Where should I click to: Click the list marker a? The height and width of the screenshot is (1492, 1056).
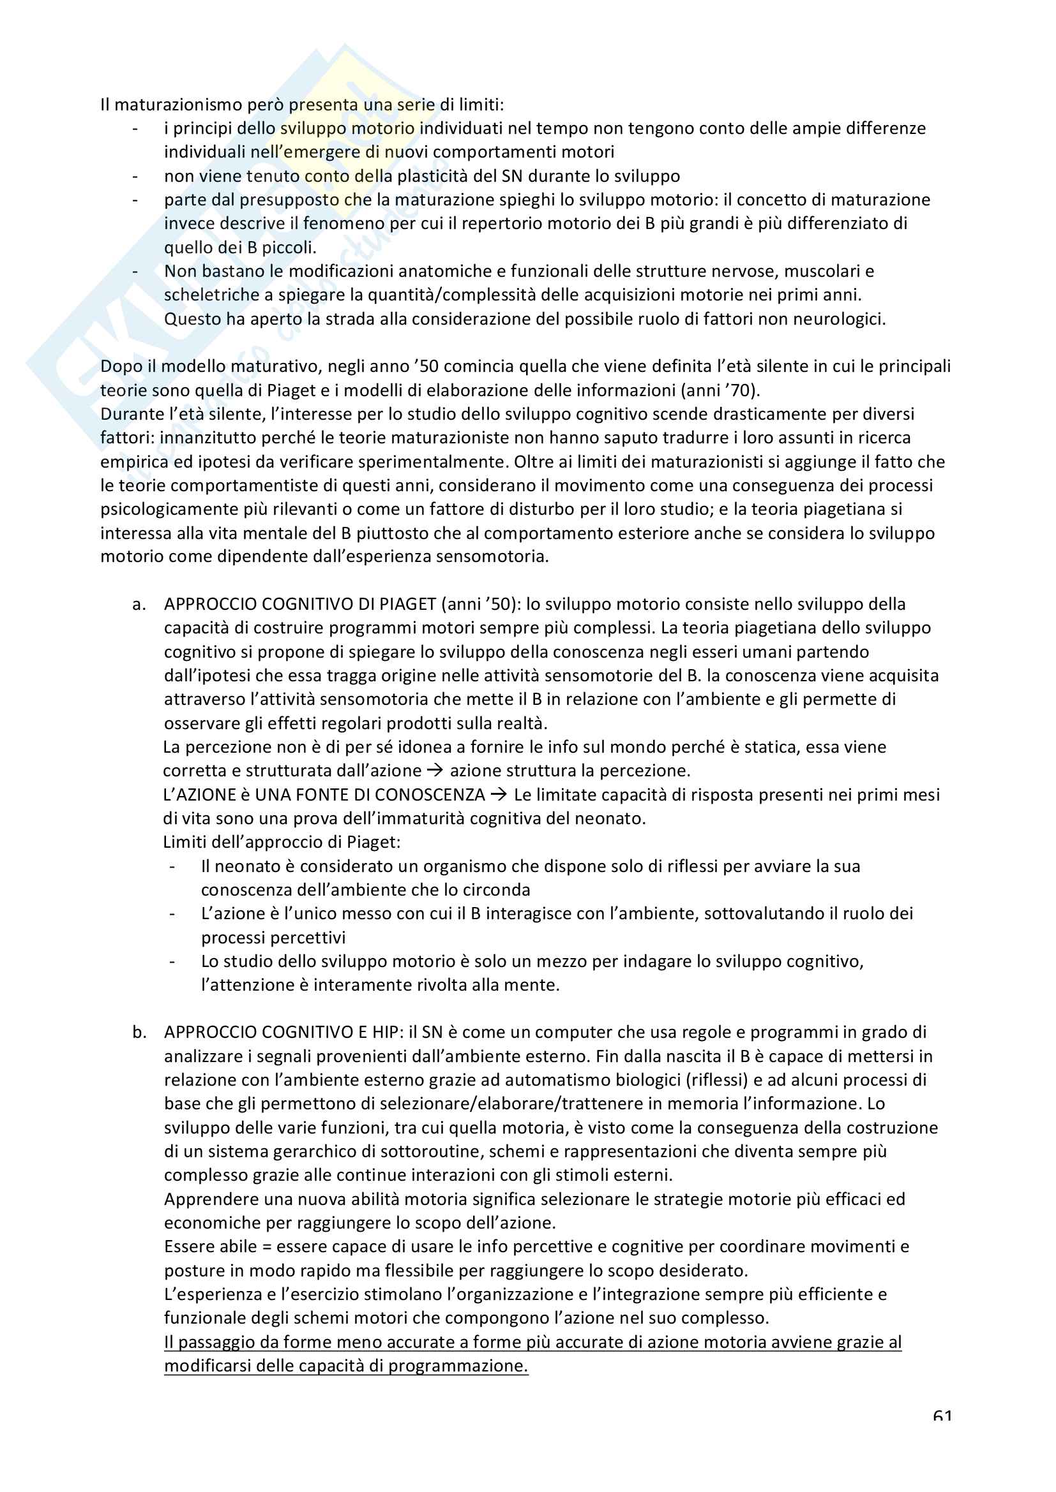coord(139,604)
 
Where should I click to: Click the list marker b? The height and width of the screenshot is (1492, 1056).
coord(139,1033)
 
